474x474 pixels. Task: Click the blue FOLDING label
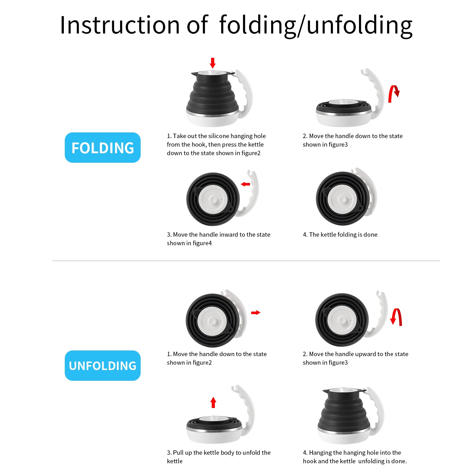pos(103,148)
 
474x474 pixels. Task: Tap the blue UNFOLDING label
pos(103,366)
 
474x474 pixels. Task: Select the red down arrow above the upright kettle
pos(213,63)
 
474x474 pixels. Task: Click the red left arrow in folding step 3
pos(246,184)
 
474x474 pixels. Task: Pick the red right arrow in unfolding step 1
pos(256,313)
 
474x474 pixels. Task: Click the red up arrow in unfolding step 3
pos(213,402)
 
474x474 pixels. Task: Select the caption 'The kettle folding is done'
pos(343,234)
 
